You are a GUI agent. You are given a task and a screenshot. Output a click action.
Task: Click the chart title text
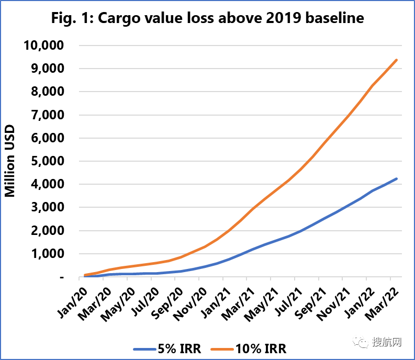point(208,19)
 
